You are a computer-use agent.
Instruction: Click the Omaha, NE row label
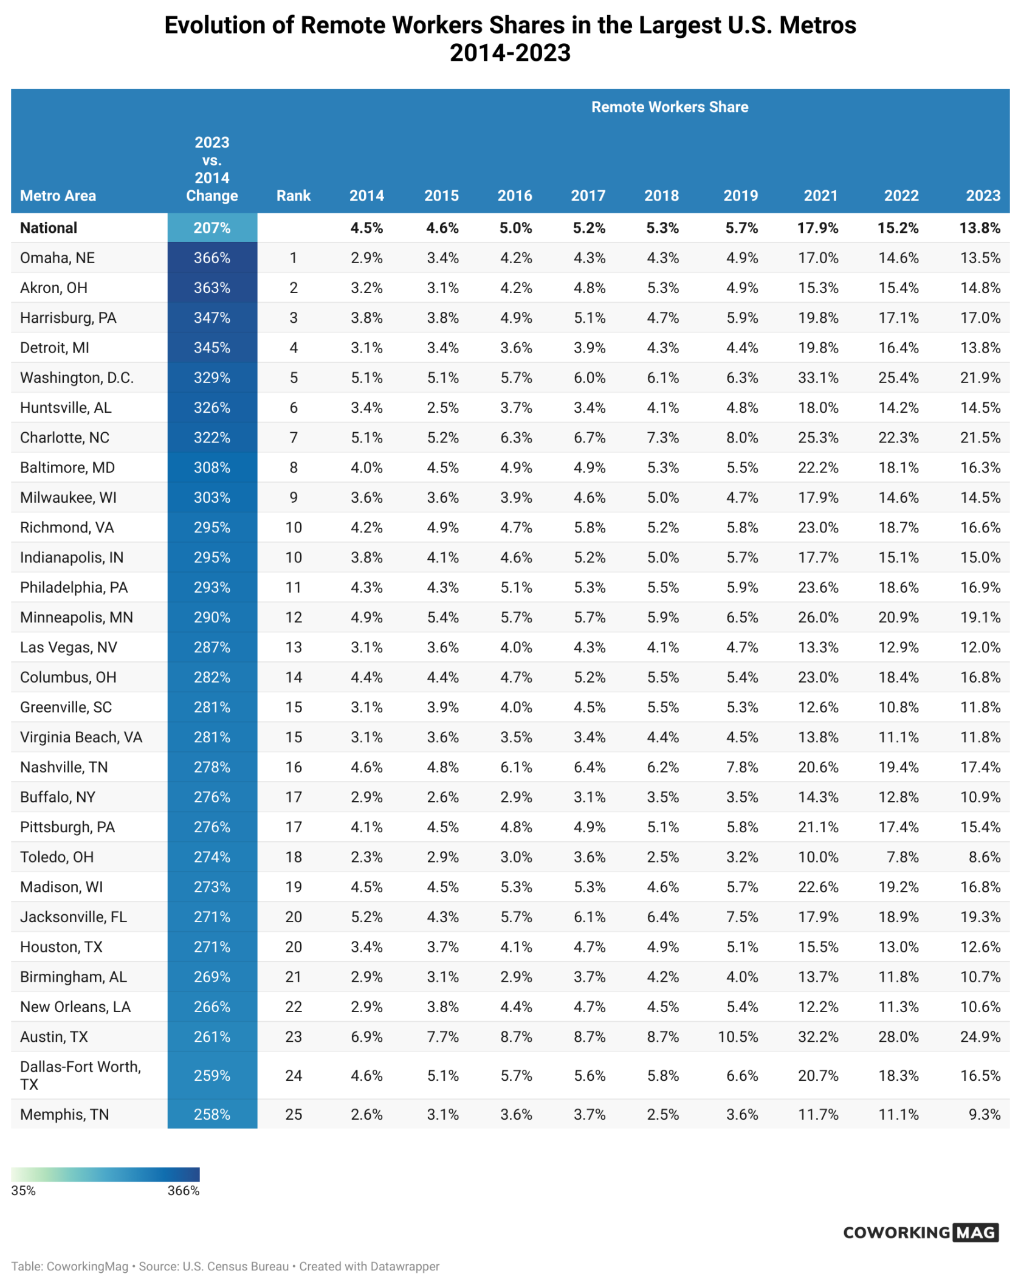coord(57,258)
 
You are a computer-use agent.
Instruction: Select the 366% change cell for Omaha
coord(212,258)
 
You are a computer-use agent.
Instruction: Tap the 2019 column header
coord(740,196)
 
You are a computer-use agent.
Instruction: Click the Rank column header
coord(293,196)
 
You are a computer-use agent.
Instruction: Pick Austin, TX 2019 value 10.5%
coord(738,1036)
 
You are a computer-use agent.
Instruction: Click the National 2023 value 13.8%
coord(979,228)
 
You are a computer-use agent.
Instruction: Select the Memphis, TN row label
coord(64,1114)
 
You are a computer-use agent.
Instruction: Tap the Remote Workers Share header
coord(669,107)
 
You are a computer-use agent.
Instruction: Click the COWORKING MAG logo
coord(920,1232)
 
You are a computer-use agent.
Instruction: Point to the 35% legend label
coord(23,1191)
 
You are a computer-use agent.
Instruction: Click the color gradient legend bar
coord(105,1174)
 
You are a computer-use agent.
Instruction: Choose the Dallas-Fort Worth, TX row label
coord(80,1075)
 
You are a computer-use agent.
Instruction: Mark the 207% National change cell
coord(212,228)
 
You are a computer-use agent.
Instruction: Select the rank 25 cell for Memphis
coord(293,1114)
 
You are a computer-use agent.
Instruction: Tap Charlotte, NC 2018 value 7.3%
coord(662,438)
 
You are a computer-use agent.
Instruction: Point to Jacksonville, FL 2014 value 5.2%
coord(366,917)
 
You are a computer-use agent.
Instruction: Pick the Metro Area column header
coord(58,196)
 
